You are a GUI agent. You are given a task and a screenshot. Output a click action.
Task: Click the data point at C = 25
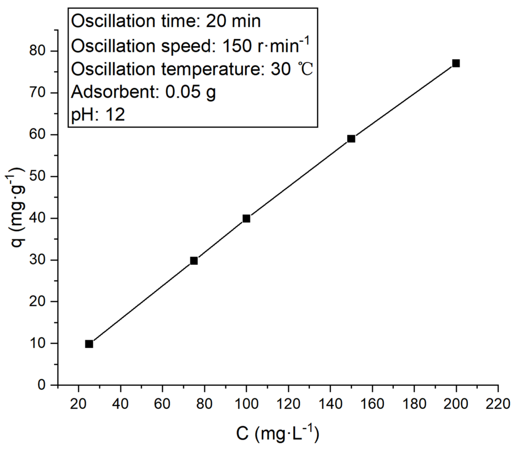[89, 344]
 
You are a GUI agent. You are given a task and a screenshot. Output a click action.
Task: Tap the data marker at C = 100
[246, 219]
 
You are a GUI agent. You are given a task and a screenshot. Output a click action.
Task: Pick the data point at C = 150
[351, 139]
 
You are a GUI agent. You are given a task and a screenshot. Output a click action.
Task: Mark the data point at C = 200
[456, 63]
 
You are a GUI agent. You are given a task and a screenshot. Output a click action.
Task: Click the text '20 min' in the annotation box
[233, 21]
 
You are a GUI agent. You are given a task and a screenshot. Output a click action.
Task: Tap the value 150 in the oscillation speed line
[237, 46]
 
